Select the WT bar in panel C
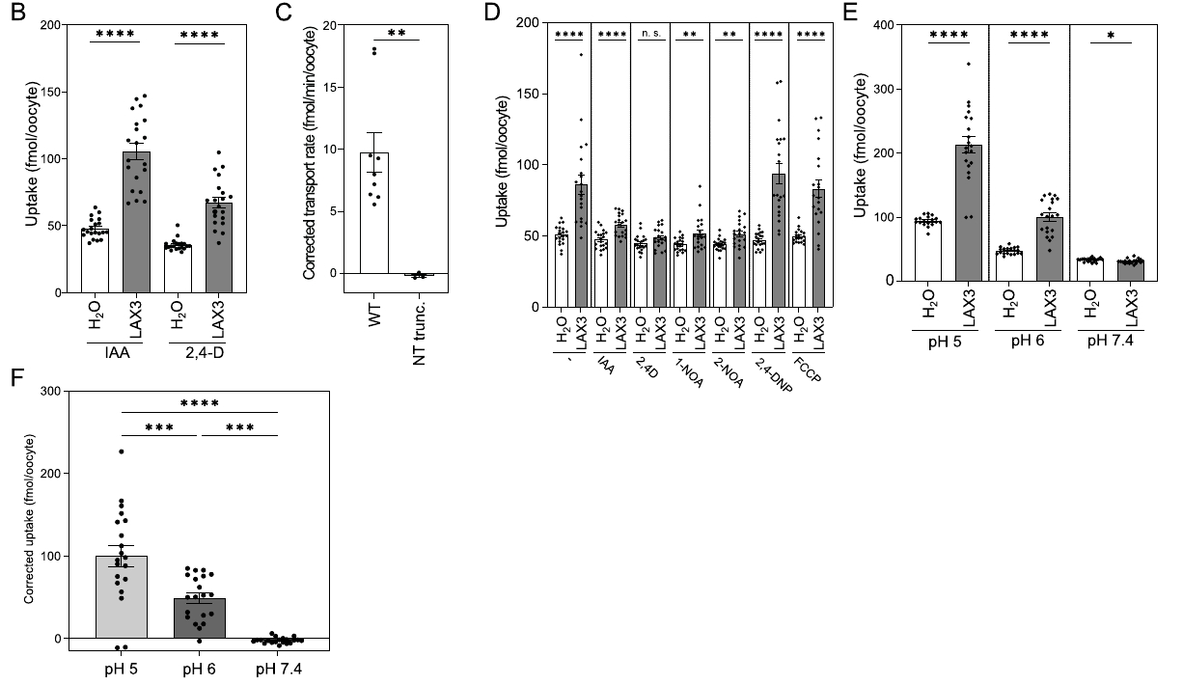374,213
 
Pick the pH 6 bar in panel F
199,618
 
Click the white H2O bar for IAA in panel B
95,260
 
